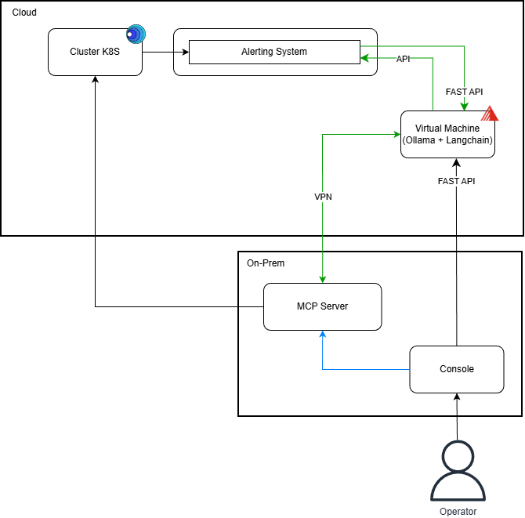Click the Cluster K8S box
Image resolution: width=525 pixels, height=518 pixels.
95,53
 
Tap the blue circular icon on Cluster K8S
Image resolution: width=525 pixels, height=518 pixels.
136,34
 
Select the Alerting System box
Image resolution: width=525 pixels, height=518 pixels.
274,53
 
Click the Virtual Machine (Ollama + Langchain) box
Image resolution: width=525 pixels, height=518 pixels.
447,135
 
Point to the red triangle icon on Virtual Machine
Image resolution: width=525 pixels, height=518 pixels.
490,114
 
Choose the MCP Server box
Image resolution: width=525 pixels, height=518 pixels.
322,306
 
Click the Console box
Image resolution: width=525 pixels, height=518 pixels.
456,369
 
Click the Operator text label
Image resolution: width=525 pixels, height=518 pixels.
457,511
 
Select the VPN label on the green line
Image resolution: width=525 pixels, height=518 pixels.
323,197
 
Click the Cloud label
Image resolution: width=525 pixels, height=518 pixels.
24,13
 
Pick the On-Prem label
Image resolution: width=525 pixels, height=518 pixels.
266,263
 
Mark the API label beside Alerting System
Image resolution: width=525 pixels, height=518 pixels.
403,59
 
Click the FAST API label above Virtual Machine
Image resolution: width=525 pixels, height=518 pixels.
464,92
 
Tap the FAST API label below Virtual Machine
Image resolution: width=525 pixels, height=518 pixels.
456,181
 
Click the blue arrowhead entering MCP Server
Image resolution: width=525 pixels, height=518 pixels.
322,335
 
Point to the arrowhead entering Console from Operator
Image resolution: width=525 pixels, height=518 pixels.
456,397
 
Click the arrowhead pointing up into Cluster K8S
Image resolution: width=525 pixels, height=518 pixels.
95,80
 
